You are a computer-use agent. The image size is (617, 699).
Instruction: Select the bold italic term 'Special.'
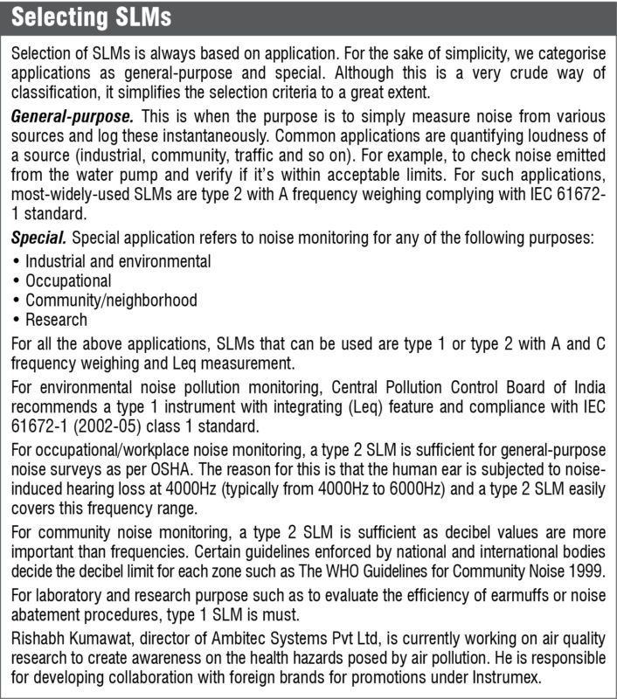click(x=38, y=238)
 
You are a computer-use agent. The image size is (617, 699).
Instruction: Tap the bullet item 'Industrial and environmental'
click(x=118, y=261)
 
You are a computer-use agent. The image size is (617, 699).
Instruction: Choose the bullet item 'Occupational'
click(x=68, y=281)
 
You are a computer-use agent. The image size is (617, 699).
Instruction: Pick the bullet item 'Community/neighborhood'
click(x=111, y=301)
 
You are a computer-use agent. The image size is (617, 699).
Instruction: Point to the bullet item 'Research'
click(x=56, y=321)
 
